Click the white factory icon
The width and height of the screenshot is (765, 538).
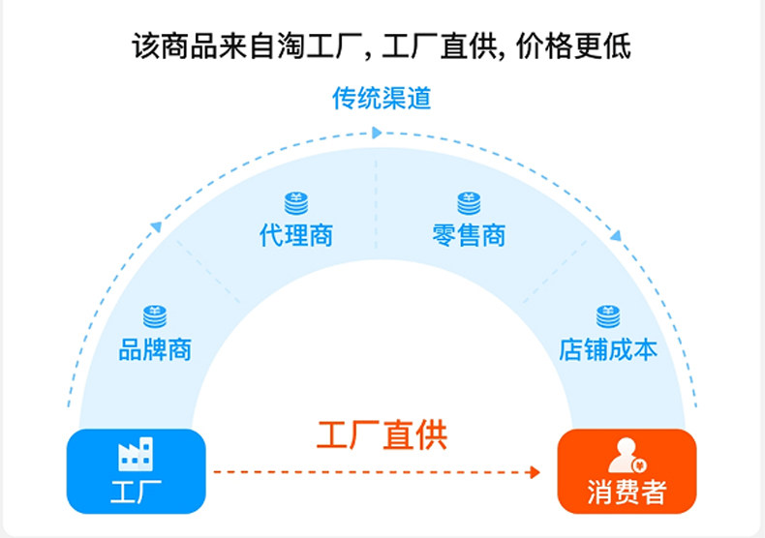[136, 454]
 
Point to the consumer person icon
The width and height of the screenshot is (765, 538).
[626, 454]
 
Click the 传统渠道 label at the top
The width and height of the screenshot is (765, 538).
[382, 99]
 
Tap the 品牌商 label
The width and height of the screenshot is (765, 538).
[155, 348]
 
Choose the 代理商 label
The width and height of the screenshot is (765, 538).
[296, 235]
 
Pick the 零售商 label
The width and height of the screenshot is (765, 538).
[469, 235]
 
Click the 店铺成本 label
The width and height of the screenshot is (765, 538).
[608, 348]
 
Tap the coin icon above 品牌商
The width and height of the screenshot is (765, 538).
[155, 316]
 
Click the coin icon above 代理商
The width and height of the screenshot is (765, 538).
[296, 203]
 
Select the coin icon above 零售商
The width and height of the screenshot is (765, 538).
[469, 203]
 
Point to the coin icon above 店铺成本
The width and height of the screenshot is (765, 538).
[608, 316]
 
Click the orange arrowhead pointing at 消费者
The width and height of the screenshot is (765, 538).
[535, 472]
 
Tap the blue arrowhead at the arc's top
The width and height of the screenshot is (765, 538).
[379, 132]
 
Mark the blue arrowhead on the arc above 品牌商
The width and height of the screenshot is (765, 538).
[156, 226]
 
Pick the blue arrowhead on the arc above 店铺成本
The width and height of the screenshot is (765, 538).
[615, 235]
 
